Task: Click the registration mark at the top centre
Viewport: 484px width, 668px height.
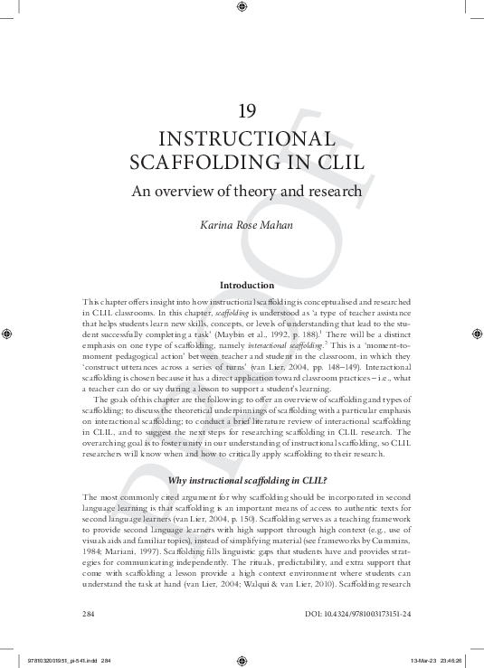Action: click(241, 7)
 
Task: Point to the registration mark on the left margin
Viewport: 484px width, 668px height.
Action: click(8, 332)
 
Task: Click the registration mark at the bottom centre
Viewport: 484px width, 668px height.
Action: click(241, 659)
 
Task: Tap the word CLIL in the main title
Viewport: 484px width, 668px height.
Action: click(337, 164)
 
